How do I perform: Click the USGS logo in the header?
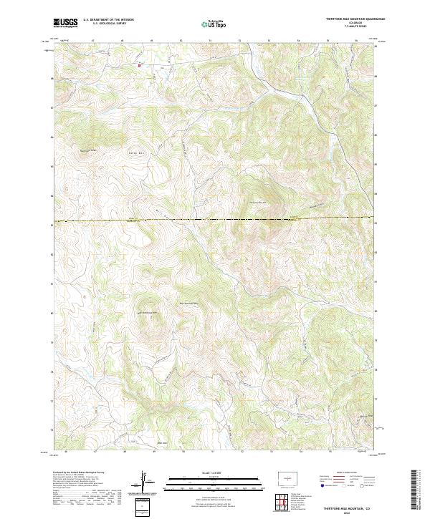click(65, 23)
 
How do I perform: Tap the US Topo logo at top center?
click(214, 24)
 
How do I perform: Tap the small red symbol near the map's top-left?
click(139, 65)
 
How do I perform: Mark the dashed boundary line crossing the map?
click(215, 220)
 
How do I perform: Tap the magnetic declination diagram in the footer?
click(146, 482)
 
